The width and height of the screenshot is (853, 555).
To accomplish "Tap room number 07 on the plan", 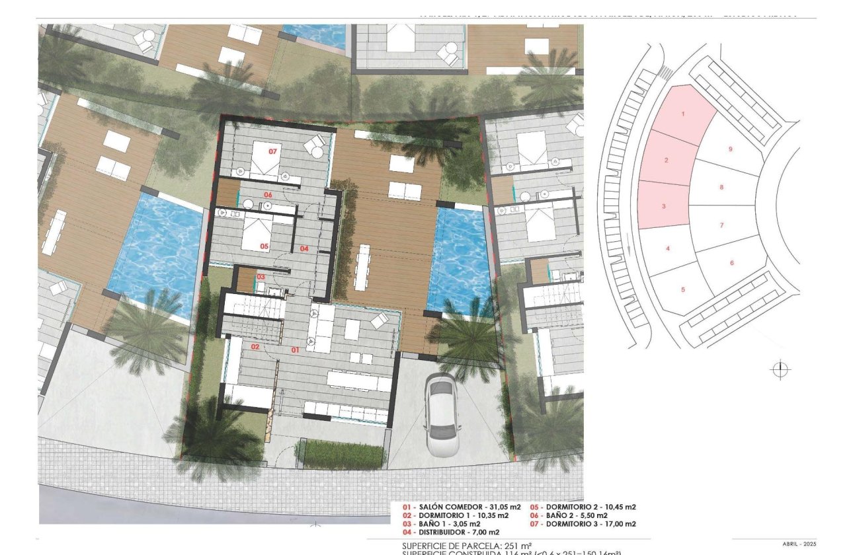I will [x=272, y=151].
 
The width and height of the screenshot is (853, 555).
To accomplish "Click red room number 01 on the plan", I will [x=295, y=350].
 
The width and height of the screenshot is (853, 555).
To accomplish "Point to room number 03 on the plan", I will [x=261, y=276].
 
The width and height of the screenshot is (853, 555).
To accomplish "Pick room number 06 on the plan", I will [x=268, y=195].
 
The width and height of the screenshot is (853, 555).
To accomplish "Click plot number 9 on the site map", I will [x=730, y=149].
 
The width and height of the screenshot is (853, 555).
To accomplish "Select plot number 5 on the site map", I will [x=682, y=289].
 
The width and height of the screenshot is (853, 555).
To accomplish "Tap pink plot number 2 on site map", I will [x=667, y=161].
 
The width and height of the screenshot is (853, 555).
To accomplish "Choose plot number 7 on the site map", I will [x=721, y=225].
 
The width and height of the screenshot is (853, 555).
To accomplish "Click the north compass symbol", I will [x=781, y=369].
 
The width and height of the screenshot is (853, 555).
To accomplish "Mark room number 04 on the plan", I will [x=304, y=248].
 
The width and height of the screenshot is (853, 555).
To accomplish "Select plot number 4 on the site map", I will [x=669, y=248].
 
